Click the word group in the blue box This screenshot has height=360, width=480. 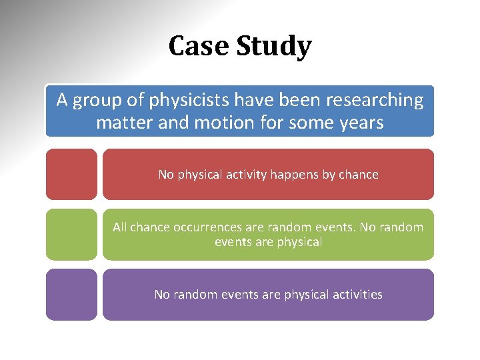[97, 101]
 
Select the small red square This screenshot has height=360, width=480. [71, 174]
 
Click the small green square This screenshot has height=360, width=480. [71, 234]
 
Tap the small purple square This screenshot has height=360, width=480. [71, 294]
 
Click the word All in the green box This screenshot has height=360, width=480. [120, 227]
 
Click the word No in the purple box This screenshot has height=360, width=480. [162, 294]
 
